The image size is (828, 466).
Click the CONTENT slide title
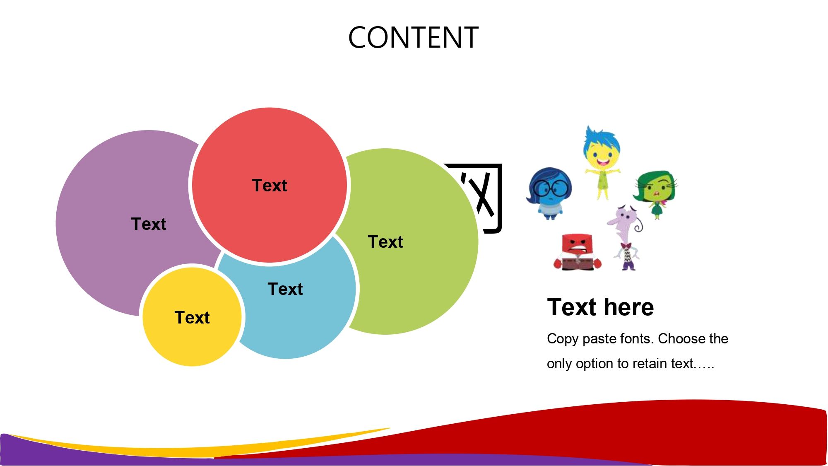pyautogui.click(x=413, y=38)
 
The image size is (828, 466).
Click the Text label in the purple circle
pyautogui.click(x=149, y=224)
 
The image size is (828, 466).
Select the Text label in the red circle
pyautogui.click(x=270, y=186)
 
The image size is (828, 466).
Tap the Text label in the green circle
pyautogui.click(x=385, y=242)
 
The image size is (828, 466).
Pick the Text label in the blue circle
pyautogui.click(x=285, y=289)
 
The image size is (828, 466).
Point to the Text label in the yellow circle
pyautogui.click(x=192, y=318)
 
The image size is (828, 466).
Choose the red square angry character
pyautogui.click(x=577, y=252)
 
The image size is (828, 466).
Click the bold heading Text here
pyautogui.click(x=600, y=307)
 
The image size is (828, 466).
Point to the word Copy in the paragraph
pyautogui.click(x=563, y=339)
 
